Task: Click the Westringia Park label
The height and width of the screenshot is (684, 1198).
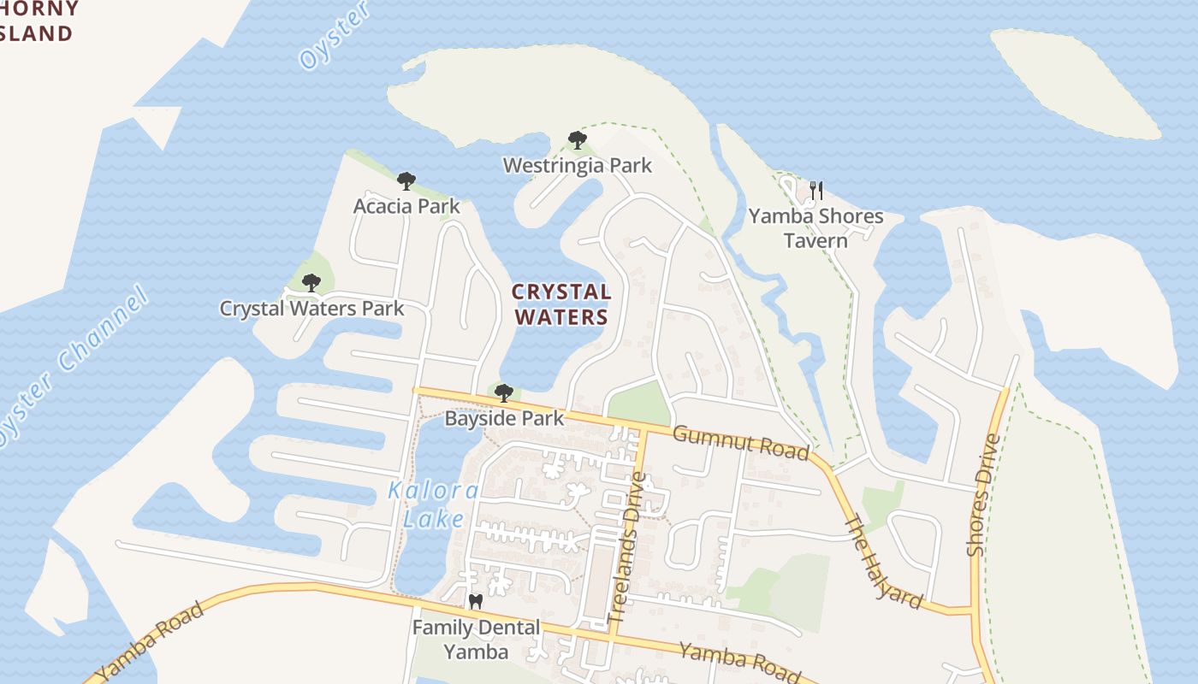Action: coord(577,165)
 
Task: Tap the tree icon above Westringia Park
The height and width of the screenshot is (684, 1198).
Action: coord(578,140)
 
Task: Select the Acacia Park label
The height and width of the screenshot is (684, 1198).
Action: coord(406,206)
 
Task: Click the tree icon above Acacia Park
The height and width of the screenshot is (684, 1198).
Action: coord(406,181)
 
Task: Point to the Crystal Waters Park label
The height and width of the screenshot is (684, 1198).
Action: coord(311,308)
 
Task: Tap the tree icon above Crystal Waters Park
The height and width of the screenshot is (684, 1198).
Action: coord(311,282)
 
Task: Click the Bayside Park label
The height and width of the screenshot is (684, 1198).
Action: coord(504,418)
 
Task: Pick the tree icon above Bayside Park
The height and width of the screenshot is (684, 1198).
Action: coord(504,393)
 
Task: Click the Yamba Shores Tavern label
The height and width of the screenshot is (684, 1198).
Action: coord(815,227)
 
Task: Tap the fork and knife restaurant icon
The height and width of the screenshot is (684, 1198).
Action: coord(816,190)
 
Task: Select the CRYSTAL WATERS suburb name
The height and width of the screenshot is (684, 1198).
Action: coord(560,304)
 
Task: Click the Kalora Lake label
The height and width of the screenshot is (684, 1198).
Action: coord(433,504)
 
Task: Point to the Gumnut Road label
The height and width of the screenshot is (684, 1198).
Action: coord(740,441)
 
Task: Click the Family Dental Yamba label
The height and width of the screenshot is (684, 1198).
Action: coord(476,640)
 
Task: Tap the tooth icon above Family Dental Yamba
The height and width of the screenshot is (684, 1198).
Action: coord(476,602)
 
